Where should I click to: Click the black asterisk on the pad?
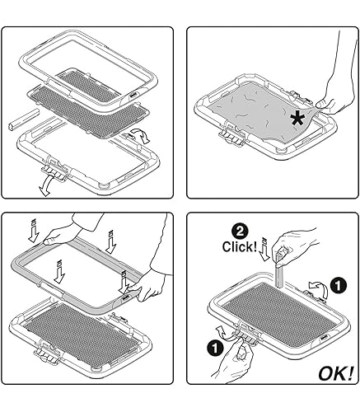click(x=297, y=119)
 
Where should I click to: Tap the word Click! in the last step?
click(x=240, y=246)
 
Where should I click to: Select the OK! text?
click(x=335, y=374)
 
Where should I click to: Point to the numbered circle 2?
click(x=240, y=232)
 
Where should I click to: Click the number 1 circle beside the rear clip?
click(x=338, y=285)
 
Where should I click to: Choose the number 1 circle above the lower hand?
click(x=215, y=348)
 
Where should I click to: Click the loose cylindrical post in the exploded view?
click(x=24, y=120)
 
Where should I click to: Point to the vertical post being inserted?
click(x=279, y=274)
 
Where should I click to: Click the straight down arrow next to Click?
click(x=264, y=249)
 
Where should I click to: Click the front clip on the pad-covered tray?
click(x=231, y=134)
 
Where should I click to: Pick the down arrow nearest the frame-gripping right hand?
click(x=124, y=283)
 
